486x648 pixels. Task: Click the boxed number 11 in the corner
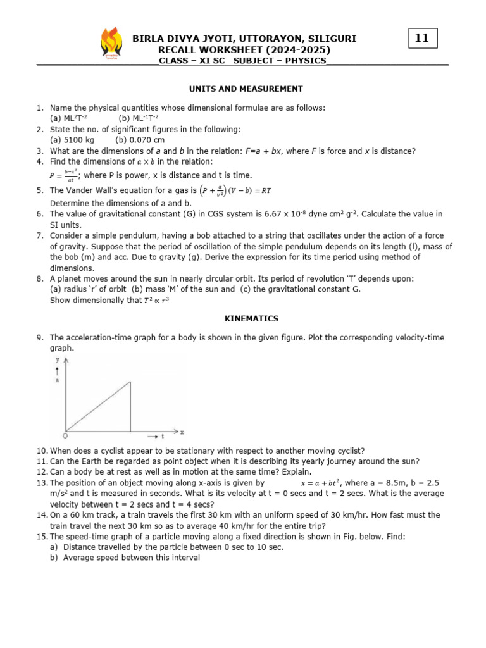coord(422,38)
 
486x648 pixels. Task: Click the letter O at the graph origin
coord(65,436)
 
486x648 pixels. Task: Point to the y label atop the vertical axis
coord(58,359)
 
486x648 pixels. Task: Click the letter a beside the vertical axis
coord(58,381)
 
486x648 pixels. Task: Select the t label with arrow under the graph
coord(156,437)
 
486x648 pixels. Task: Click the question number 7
coord(39,235)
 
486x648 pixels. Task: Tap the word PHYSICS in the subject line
coord(306,61)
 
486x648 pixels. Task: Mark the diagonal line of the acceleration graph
coord(98,406)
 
